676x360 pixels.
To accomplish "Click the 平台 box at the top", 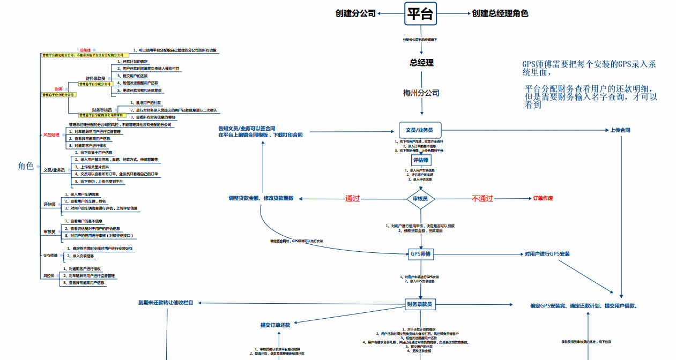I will [x=420, y=13].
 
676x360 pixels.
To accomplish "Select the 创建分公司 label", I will [x=355, y=13].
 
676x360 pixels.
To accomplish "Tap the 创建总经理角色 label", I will [x=500, y=13].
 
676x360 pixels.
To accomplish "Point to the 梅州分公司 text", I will [x=421, y=93].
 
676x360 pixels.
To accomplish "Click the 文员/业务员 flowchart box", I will [x=420, y=130].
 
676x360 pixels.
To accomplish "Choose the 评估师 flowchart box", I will [x=421, y=160].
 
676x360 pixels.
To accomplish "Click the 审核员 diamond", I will [x=420, y=199].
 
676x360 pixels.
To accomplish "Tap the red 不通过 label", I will [x=482, y=199].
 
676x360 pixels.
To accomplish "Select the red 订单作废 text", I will [x=543, y=198].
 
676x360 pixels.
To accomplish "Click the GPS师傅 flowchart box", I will [x=421, y=254].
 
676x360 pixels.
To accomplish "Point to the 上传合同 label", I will [x=620, y=130].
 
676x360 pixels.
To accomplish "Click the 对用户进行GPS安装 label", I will [x=547, y=254].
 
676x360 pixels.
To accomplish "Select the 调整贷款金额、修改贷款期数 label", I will [x=261, y=198].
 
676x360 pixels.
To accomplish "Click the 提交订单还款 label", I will [x=275, y=325].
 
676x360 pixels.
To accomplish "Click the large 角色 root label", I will [x=26, y=166].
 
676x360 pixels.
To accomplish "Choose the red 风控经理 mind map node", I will [x=51, y=134].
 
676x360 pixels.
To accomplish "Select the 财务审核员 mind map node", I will [x=102, y=110].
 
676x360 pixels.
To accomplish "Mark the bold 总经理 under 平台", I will [x=421, y=63].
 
